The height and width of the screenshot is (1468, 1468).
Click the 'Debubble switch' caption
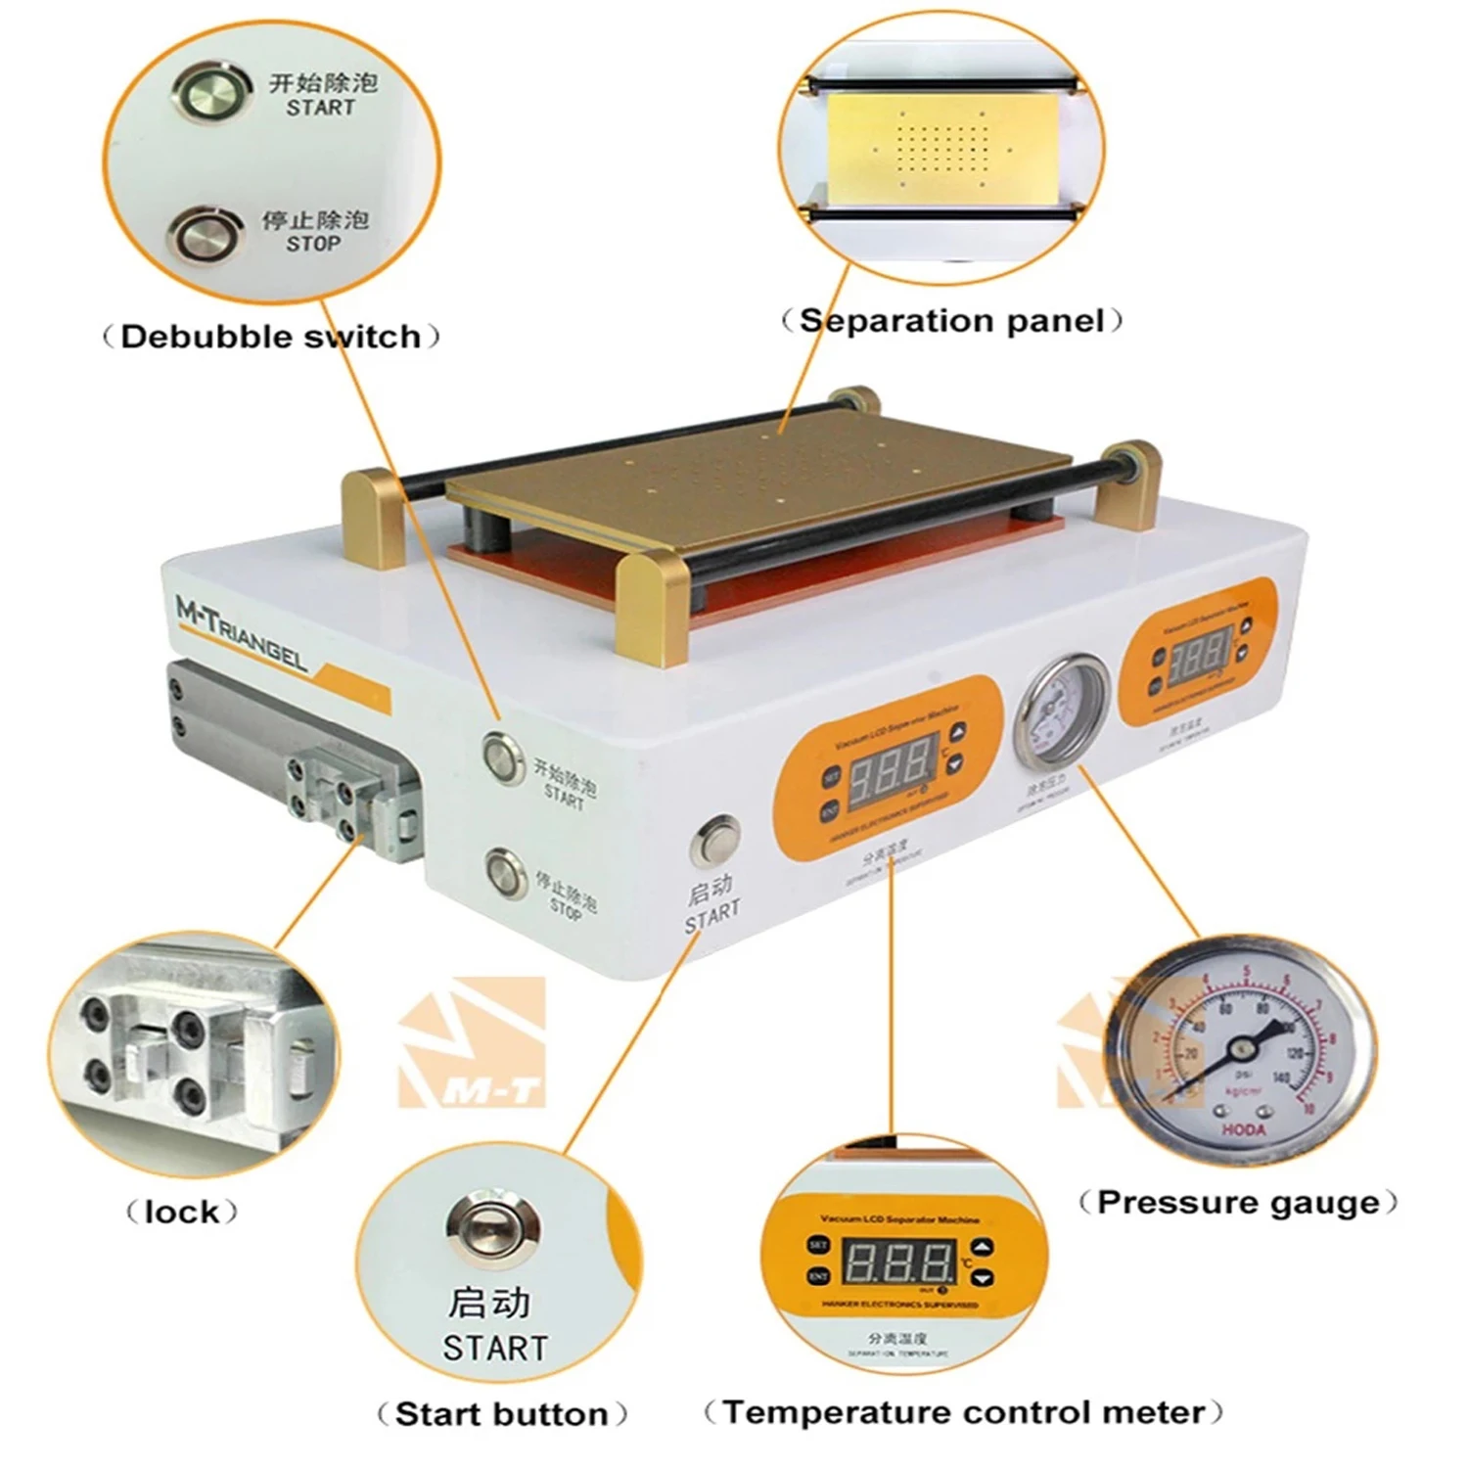tap(271, 337)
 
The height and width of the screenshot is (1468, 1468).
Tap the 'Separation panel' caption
tap(951, 321)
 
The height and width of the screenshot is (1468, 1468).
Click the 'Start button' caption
tap(501, 1414)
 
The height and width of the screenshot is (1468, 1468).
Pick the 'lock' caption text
tap(182, 1213)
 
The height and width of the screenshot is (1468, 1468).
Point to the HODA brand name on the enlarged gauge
tap(1243, 1129)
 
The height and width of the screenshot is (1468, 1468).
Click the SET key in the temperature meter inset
tap(818, 1245)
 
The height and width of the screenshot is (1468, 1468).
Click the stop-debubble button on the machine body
tap(505, 871)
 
